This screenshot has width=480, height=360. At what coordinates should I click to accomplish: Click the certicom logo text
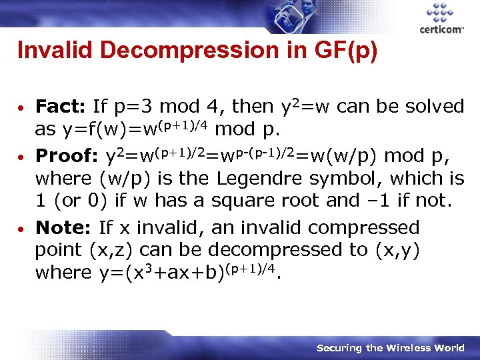click(441, 29)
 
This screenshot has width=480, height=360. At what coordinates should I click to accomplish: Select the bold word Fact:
click(61, 107)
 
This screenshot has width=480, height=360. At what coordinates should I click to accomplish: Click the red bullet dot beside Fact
click(22, 107)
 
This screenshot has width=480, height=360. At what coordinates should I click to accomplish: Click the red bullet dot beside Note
click(22, 229)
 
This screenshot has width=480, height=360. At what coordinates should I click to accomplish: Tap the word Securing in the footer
click(339, 348)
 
